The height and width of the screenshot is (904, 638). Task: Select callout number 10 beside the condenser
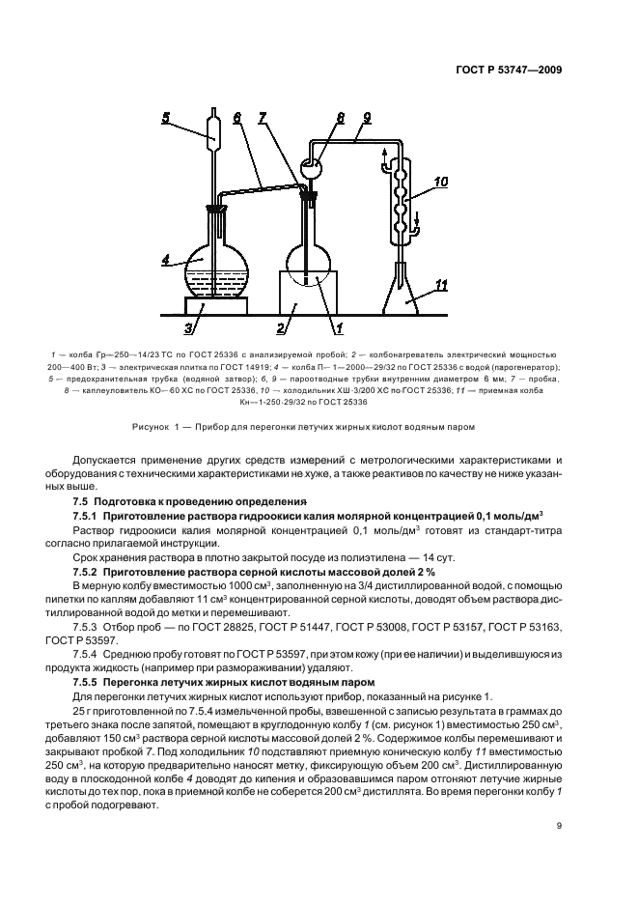coord(440,181)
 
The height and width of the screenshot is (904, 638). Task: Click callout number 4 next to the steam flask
coord(166,260)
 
